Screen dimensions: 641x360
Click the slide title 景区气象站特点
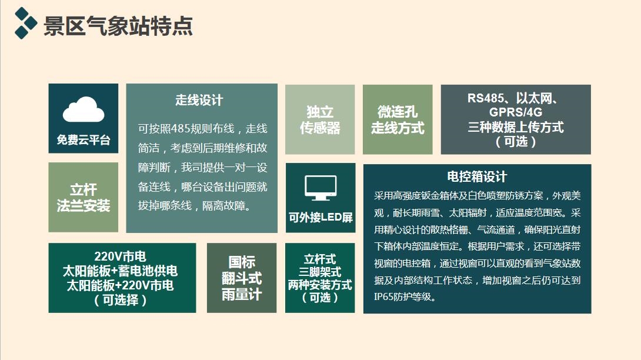point(118,26)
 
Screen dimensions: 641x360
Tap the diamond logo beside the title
point(25,24)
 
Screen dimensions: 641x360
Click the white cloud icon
point(84,109)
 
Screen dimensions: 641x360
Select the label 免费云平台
point(84,140)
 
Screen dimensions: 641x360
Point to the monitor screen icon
point(320,188)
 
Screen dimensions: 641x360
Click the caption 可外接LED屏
point(320,217)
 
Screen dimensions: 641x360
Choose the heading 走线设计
point(199,100)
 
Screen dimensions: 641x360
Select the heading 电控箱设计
point(477,176)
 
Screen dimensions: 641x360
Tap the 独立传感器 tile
point(320,119)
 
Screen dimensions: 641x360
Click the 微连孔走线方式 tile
point(398,119)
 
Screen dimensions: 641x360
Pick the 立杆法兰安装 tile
point(84,197)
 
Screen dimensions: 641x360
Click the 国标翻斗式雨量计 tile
point(242,278)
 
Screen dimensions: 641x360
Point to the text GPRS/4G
point(516,112)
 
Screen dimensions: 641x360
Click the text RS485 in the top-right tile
point(486,98)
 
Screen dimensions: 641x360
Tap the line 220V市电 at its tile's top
point(120,256)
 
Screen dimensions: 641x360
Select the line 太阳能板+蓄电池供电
point(120,271)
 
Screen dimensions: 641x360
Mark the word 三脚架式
point(320,272)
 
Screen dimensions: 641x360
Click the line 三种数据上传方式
point(516,127)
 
